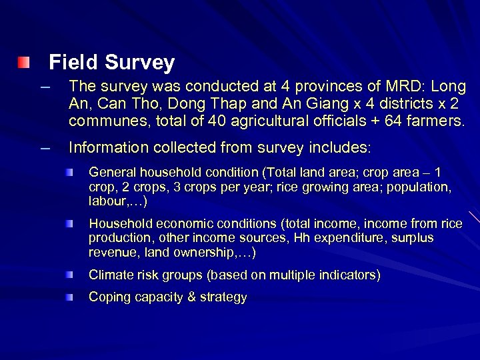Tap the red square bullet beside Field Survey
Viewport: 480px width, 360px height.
24,63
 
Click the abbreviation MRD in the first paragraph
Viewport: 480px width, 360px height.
405,87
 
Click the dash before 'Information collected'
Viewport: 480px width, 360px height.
45,147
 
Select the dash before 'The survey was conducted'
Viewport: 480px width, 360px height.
45,87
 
